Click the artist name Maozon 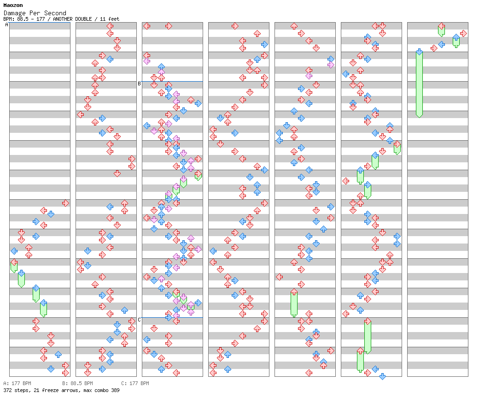click(13, 5)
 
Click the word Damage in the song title click(15, 13)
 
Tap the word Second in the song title click(55, 13)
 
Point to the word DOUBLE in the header click(83, 19)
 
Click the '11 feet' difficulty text click(109, 19)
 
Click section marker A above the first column click(7, 24)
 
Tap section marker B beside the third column click(139, 83)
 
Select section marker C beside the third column click(139, 320)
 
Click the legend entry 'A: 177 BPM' click(17, 383)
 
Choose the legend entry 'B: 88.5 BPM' click(77, 383)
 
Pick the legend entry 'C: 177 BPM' click(135, 383)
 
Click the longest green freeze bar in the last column click(419, 84)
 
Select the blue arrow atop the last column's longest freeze click(419, 52)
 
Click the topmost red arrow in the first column click(65, 203)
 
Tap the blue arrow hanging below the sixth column click(382, 376)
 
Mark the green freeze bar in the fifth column click(294, 303)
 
